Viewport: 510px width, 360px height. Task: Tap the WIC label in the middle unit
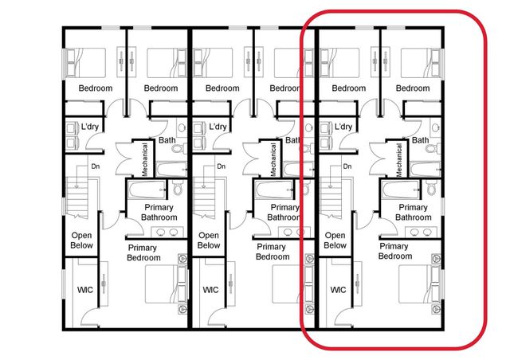(x=210, y=290)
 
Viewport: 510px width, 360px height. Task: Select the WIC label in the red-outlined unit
(x=337, y=290)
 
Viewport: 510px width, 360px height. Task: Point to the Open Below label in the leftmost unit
(x=82, y=241)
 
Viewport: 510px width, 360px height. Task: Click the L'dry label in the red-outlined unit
(x=343, y=127)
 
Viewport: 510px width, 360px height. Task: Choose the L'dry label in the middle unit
(x=217, y=127)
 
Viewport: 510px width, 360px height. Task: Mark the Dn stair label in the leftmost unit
(x=94, y=166)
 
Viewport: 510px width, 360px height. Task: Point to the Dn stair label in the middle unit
(x=222, y=166)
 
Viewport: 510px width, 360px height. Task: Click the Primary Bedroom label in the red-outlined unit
(x=394, y=252)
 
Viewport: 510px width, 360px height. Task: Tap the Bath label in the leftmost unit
(x=167, y=140)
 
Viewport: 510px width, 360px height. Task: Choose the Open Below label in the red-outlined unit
(x=335, y=241)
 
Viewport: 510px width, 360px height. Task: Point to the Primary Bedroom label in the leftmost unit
(x=143, y=252)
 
